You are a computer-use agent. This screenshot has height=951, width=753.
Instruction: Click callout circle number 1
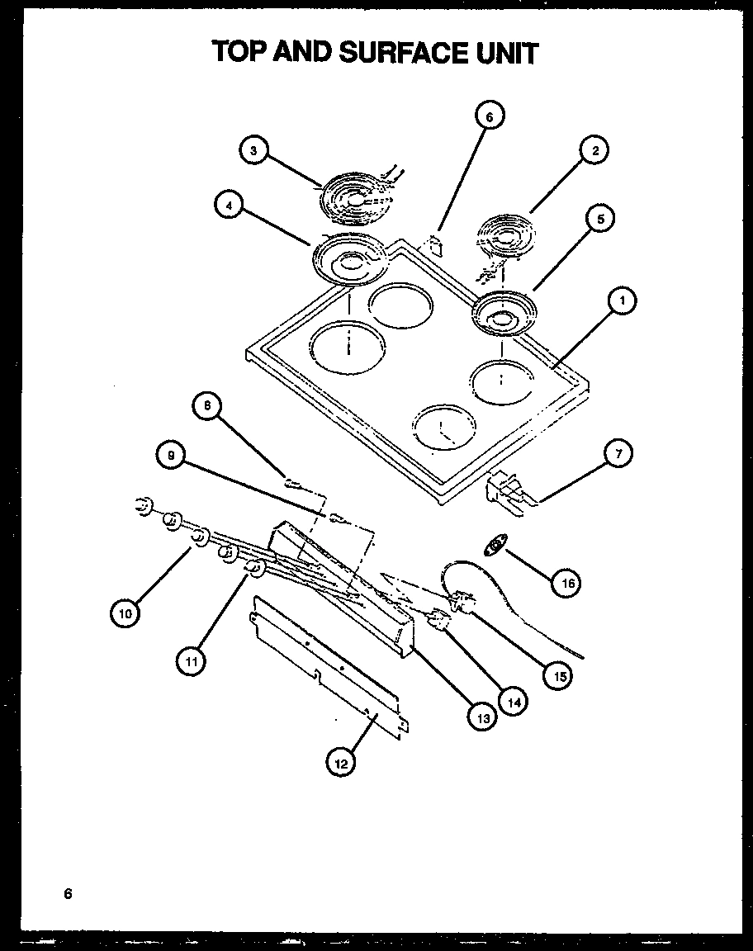pos(622,302)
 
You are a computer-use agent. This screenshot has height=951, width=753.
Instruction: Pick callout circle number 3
pos(253,149)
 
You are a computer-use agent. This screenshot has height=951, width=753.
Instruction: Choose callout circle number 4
pos(228,206)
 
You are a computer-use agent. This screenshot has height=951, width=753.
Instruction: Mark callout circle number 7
pos(618,452)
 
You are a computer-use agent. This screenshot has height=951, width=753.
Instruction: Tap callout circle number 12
pos(339,764)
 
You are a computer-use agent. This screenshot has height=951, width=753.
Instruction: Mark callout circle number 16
pos(567,584)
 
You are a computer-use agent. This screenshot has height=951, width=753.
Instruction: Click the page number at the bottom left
pos(69,894)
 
